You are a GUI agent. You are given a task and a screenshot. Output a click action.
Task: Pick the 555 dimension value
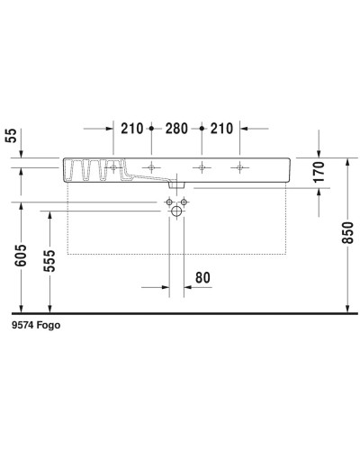53,263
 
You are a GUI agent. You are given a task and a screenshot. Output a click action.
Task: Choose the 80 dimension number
203,278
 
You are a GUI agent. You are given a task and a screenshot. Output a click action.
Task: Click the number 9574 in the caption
22,327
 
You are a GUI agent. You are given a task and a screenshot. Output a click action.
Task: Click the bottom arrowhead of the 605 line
21,307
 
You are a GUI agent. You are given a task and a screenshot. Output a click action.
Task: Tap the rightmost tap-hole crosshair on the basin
240,167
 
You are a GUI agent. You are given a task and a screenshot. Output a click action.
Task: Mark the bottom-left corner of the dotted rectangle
68,255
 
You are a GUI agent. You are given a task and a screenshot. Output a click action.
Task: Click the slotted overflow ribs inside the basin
91,168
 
